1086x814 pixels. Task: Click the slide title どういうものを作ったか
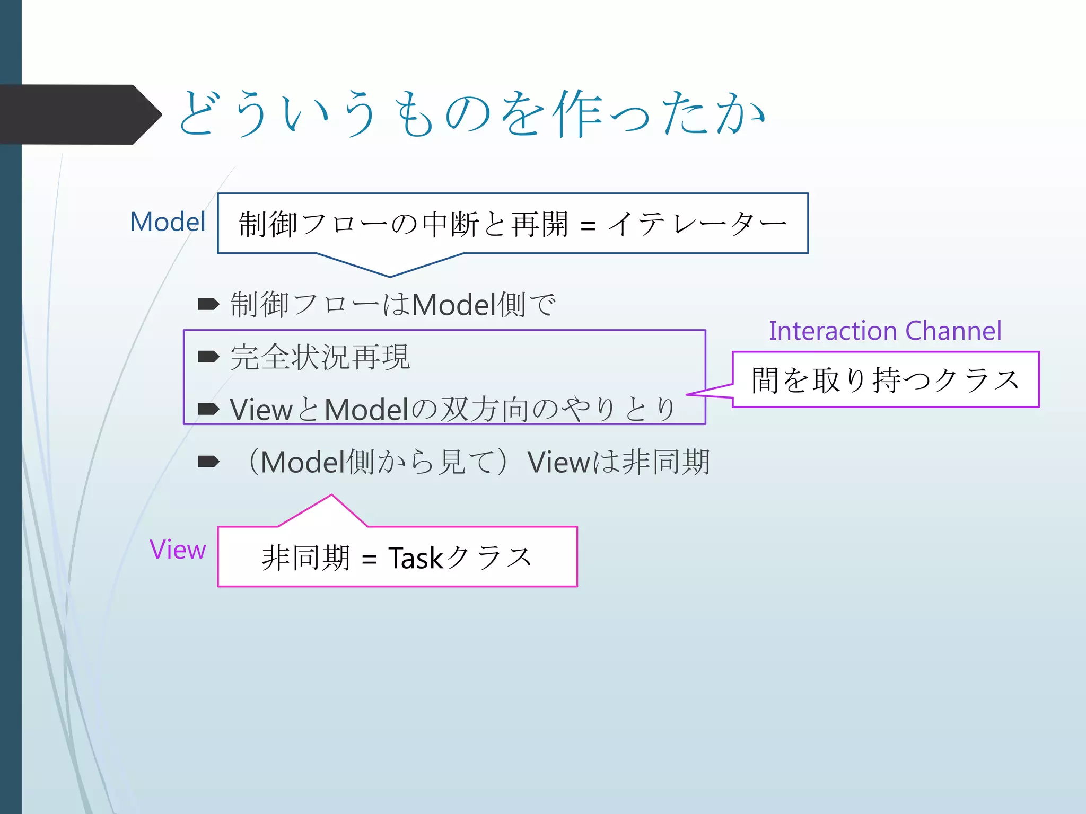tap(472, 114)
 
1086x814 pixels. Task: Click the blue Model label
tap(168, 222)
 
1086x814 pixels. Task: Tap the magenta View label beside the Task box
tap(178, 550)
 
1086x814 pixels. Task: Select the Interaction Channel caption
tap(885, 331)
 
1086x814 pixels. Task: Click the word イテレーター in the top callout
tap(697, 224)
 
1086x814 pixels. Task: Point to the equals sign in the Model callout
tap(588, 226)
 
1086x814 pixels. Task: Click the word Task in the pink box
tap(416, 558)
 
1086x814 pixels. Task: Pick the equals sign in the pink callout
tap(369, 560)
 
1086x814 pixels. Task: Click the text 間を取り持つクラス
tap(885, 380)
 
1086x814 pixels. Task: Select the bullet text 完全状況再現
tap(320, 357)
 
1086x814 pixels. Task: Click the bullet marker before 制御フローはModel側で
tap(208, 304)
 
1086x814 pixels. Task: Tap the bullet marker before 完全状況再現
tap(208, 357)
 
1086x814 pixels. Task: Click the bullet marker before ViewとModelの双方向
tap(208, 409)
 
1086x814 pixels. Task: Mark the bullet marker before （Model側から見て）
tap(208, 462)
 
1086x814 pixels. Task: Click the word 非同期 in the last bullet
tap(665, 462)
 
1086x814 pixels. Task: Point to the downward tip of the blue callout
tap(390, 276)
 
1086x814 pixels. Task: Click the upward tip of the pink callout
tap(332, 496)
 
